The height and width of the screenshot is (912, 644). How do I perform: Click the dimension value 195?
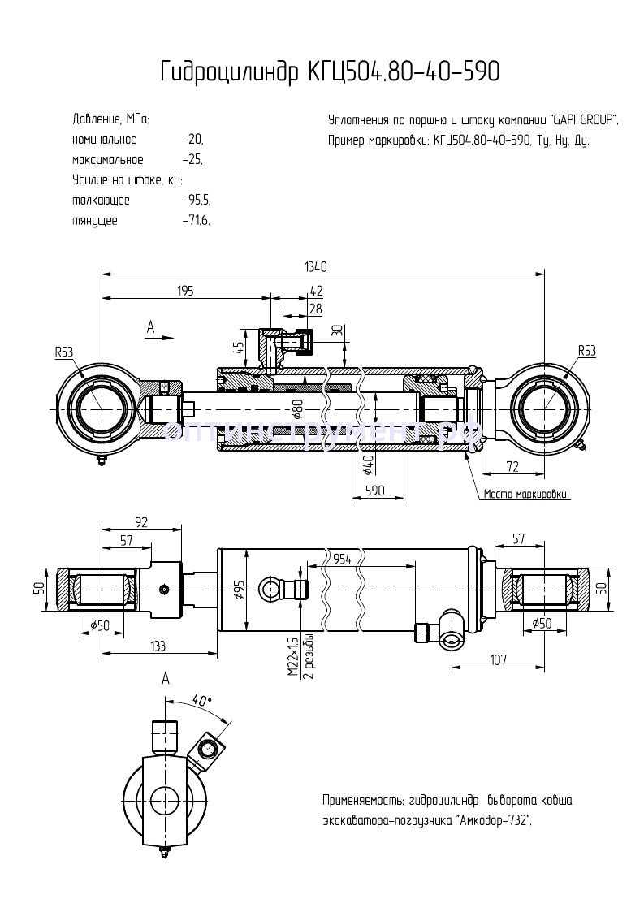click(185, 292)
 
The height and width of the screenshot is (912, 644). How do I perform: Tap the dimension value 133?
click(158, 646)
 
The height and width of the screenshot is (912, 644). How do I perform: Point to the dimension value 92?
click(141, 522)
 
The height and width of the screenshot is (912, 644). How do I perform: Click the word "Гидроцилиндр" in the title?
click(228, 72)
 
